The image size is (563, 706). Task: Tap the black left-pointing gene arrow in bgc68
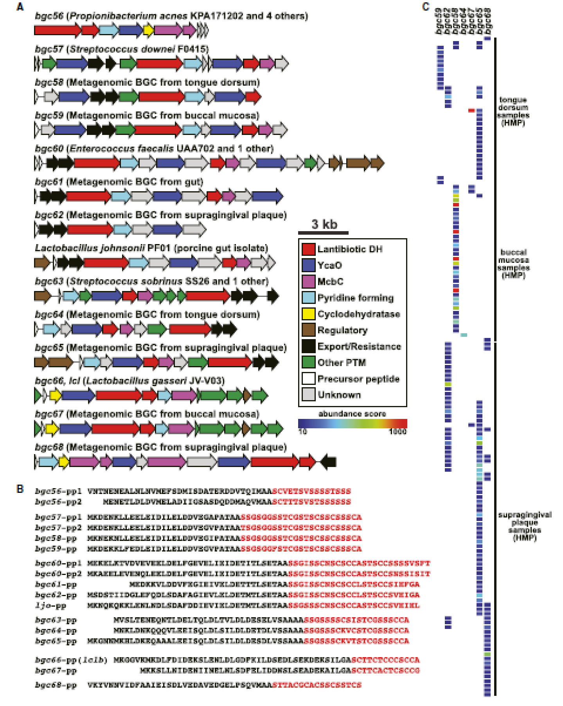328,462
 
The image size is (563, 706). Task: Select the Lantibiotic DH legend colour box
308,249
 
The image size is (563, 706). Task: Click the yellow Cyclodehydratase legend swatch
308,314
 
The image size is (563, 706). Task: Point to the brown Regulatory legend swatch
308,330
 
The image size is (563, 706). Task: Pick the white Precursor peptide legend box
308,379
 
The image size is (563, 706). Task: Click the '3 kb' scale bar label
324,225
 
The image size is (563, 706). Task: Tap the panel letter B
20,489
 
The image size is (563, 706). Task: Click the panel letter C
426,7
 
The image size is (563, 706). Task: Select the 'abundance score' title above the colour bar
352,413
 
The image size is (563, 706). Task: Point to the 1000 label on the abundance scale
398,431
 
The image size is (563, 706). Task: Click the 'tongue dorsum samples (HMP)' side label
513,111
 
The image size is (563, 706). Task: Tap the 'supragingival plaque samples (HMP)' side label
525,526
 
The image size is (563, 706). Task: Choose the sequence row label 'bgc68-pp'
56,685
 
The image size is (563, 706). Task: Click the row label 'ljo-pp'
50,605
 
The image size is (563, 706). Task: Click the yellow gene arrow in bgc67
52,429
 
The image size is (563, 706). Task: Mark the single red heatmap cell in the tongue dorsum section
471,111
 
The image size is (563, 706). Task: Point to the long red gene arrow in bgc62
90,230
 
